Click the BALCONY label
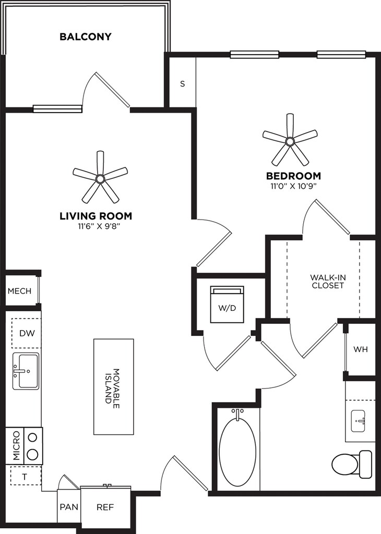tap(86, 37)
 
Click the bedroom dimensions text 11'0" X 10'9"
tap(293, 186)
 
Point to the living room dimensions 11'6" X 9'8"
tap(96, 226)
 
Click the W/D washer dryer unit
tap(228, 304)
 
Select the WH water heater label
tap(361, 349)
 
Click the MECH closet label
tap(19, 291)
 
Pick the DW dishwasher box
tap(27, 333)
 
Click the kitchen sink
tap(26, 371)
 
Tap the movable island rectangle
tap(114, 386)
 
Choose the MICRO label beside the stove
tap(16, 446)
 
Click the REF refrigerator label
tap(105, 507)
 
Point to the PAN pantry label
tap(69, 507)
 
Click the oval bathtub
tap(237, 448)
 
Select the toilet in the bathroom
tap(351, 464)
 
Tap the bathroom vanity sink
tap(358, 420)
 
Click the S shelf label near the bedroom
tap(183, 83)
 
